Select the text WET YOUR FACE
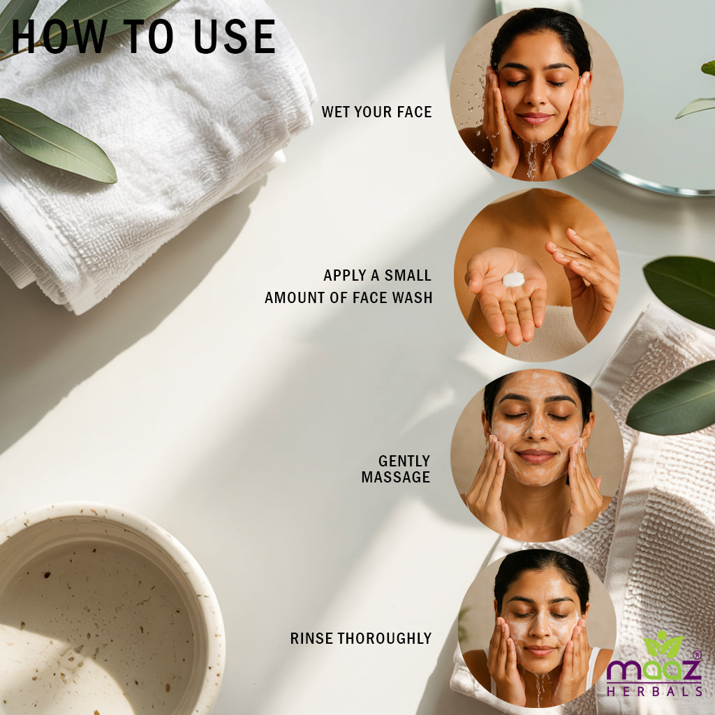click(376, 112)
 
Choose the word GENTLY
click(404, 461)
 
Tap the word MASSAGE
click(396, 477)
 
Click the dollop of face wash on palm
click(513, 279)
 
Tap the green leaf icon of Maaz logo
click(663, 644)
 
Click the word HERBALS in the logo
click(654, 691)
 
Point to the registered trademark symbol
click(697, 655)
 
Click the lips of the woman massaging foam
click(536, 456)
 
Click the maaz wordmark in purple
click(654, 670)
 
